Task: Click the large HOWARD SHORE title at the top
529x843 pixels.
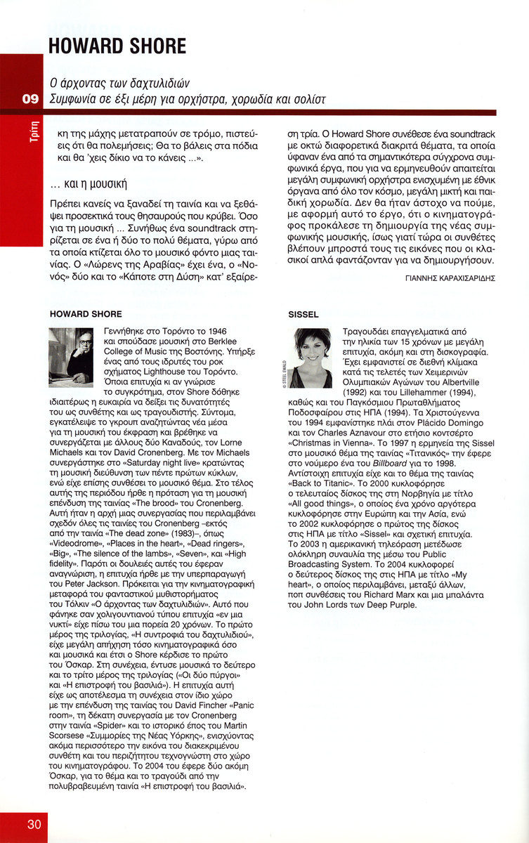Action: (x=117, y=46)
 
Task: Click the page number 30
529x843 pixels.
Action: (x=34, y=823)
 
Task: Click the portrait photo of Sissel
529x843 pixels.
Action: (x=311, y=358)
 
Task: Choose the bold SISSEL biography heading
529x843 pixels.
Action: (x=303, y=313)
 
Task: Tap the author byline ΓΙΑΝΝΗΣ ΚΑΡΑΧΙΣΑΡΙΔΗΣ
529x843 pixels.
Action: (x=451, y=278)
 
